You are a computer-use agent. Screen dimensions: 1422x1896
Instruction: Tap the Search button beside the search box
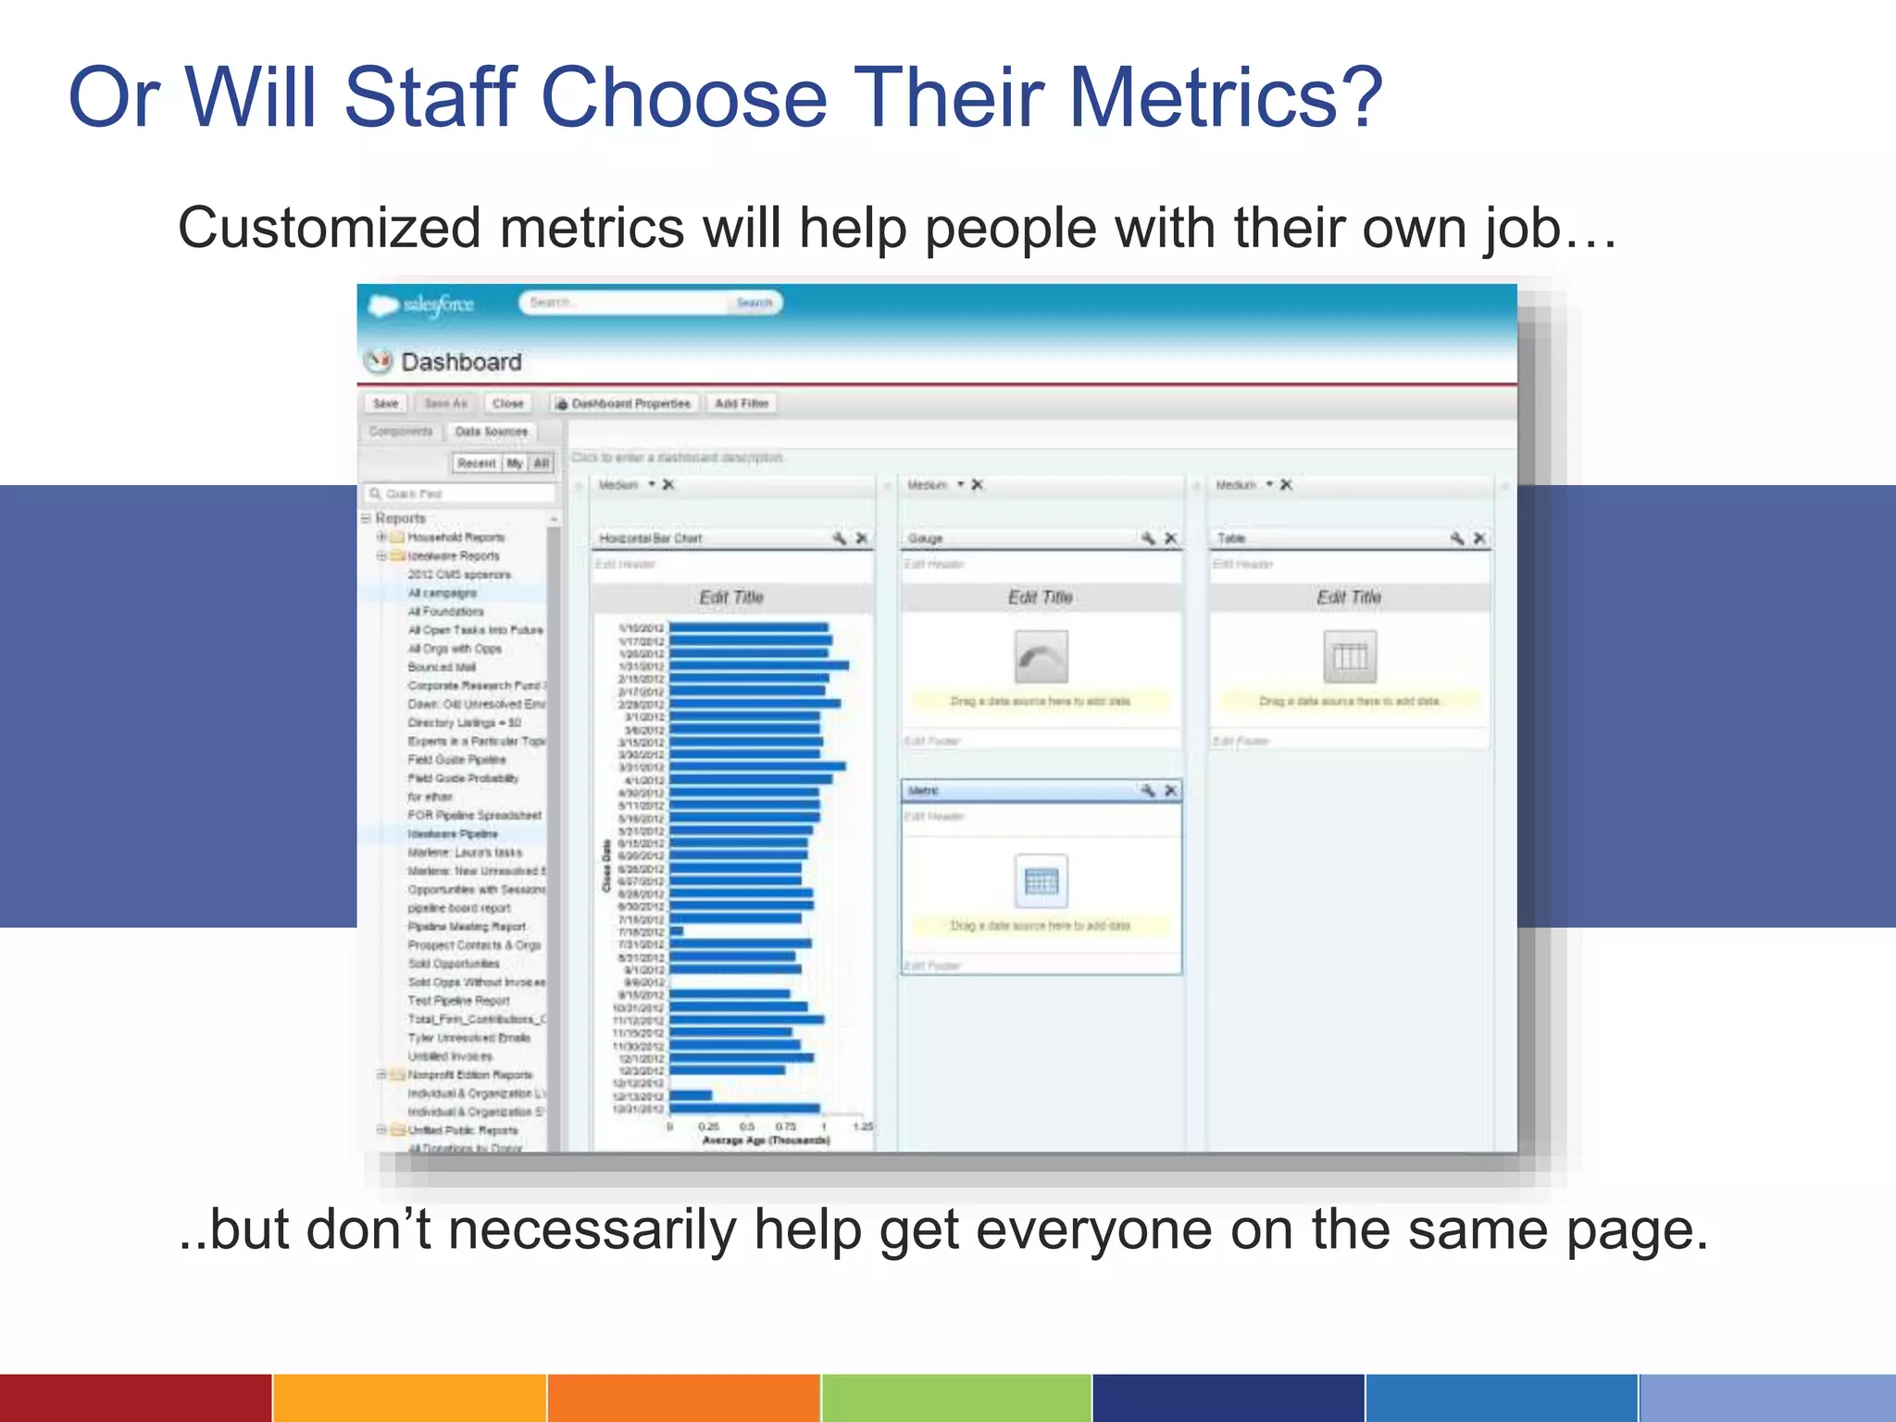point(754,303)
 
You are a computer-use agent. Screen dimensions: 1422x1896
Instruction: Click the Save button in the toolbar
point(385,404)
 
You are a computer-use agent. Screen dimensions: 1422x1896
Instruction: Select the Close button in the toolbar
point(507,404)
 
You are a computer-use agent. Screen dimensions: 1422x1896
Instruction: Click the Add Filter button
point(742,404)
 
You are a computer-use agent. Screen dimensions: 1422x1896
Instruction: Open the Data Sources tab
point(491,431)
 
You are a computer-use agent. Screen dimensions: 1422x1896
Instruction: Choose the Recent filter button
point(476,463)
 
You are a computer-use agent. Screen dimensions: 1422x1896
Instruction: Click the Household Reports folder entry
point(455,537)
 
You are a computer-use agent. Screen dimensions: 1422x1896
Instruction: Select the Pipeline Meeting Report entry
point(467,927)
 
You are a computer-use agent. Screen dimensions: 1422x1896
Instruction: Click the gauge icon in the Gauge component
point(1041,656)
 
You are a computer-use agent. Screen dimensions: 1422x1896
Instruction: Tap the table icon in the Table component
point(1349,656)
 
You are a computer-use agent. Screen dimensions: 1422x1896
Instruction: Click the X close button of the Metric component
point(1171,791)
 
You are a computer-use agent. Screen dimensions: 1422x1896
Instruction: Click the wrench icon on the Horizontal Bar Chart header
point(839,538)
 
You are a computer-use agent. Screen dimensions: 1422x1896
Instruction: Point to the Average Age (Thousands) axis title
point(766,1141)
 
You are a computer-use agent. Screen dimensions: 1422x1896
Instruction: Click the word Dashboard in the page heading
point(461,362)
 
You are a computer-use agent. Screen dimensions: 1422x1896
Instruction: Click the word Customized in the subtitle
point(330,228)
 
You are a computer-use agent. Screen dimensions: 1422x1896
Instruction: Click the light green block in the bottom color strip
point(955,1398)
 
